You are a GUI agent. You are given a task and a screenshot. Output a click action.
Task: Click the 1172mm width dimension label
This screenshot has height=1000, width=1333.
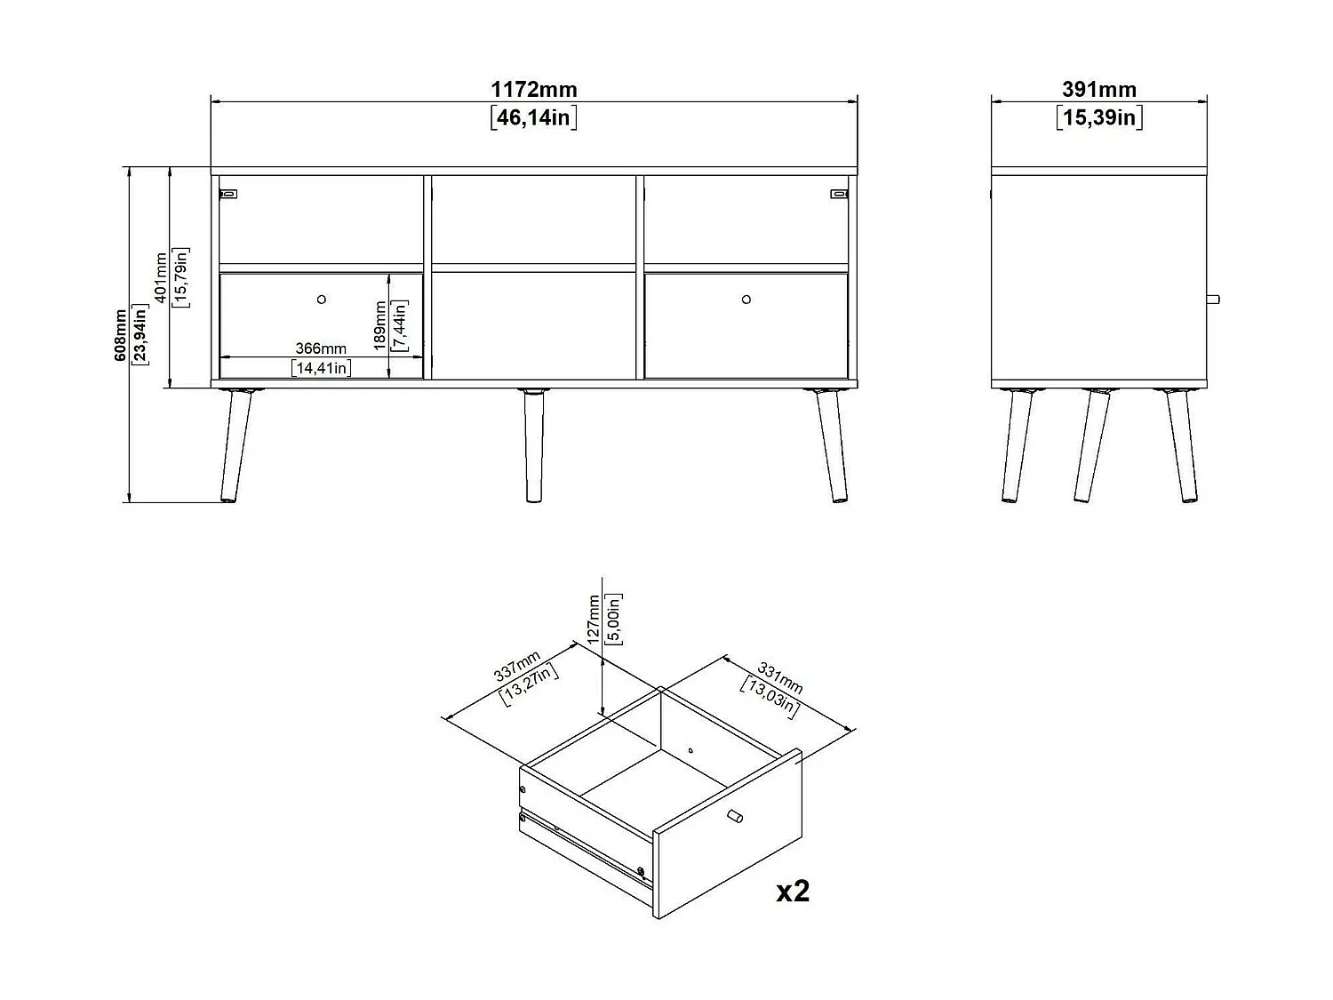533,90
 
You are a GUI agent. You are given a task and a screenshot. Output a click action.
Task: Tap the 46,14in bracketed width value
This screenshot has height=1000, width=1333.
533,117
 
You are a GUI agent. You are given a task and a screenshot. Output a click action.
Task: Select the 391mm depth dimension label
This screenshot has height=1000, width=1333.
1099,90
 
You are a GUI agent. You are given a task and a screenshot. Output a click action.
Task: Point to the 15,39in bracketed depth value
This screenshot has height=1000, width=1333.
1099,117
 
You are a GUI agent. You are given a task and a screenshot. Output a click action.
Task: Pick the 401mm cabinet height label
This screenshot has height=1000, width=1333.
161,277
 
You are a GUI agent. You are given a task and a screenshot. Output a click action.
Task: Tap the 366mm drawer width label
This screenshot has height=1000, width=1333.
321,349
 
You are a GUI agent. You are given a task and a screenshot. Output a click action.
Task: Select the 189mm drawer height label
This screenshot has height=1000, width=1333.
380,325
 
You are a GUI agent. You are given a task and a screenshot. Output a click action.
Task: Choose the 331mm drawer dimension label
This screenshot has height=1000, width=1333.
779,676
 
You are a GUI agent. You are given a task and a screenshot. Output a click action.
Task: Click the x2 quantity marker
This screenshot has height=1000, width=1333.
793,891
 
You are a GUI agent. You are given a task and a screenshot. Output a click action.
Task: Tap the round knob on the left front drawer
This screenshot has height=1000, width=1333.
322,300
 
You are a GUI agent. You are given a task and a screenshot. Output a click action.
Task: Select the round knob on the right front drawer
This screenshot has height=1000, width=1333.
746,300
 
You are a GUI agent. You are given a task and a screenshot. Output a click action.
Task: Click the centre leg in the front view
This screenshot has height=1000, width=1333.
533,444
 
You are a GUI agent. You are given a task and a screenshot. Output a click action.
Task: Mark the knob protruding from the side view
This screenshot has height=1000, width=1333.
1213,300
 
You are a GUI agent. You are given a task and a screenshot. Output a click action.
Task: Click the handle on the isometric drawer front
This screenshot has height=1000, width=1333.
734,817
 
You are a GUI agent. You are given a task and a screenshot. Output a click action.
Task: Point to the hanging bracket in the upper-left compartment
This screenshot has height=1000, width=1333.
229,192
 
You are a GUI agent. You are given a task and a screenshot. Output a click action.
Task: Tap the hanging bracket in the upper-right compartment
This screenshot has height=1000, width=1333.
839,192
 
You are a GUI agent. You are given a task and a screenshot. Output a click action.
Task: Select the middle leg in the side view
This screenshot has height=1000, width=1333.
1090,444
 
